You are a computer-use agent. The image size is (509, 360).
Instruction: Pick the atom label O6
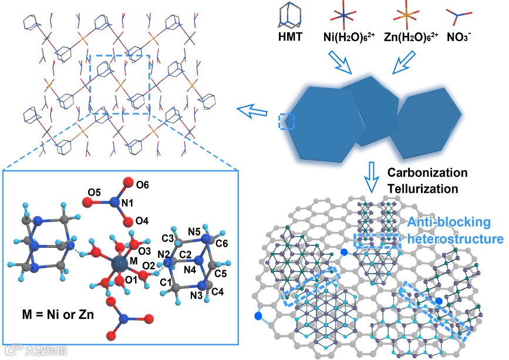click(x=142, y=185)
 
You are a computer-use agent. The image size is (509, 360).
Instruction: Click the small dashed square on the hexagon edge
click(x=287, y=121)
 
